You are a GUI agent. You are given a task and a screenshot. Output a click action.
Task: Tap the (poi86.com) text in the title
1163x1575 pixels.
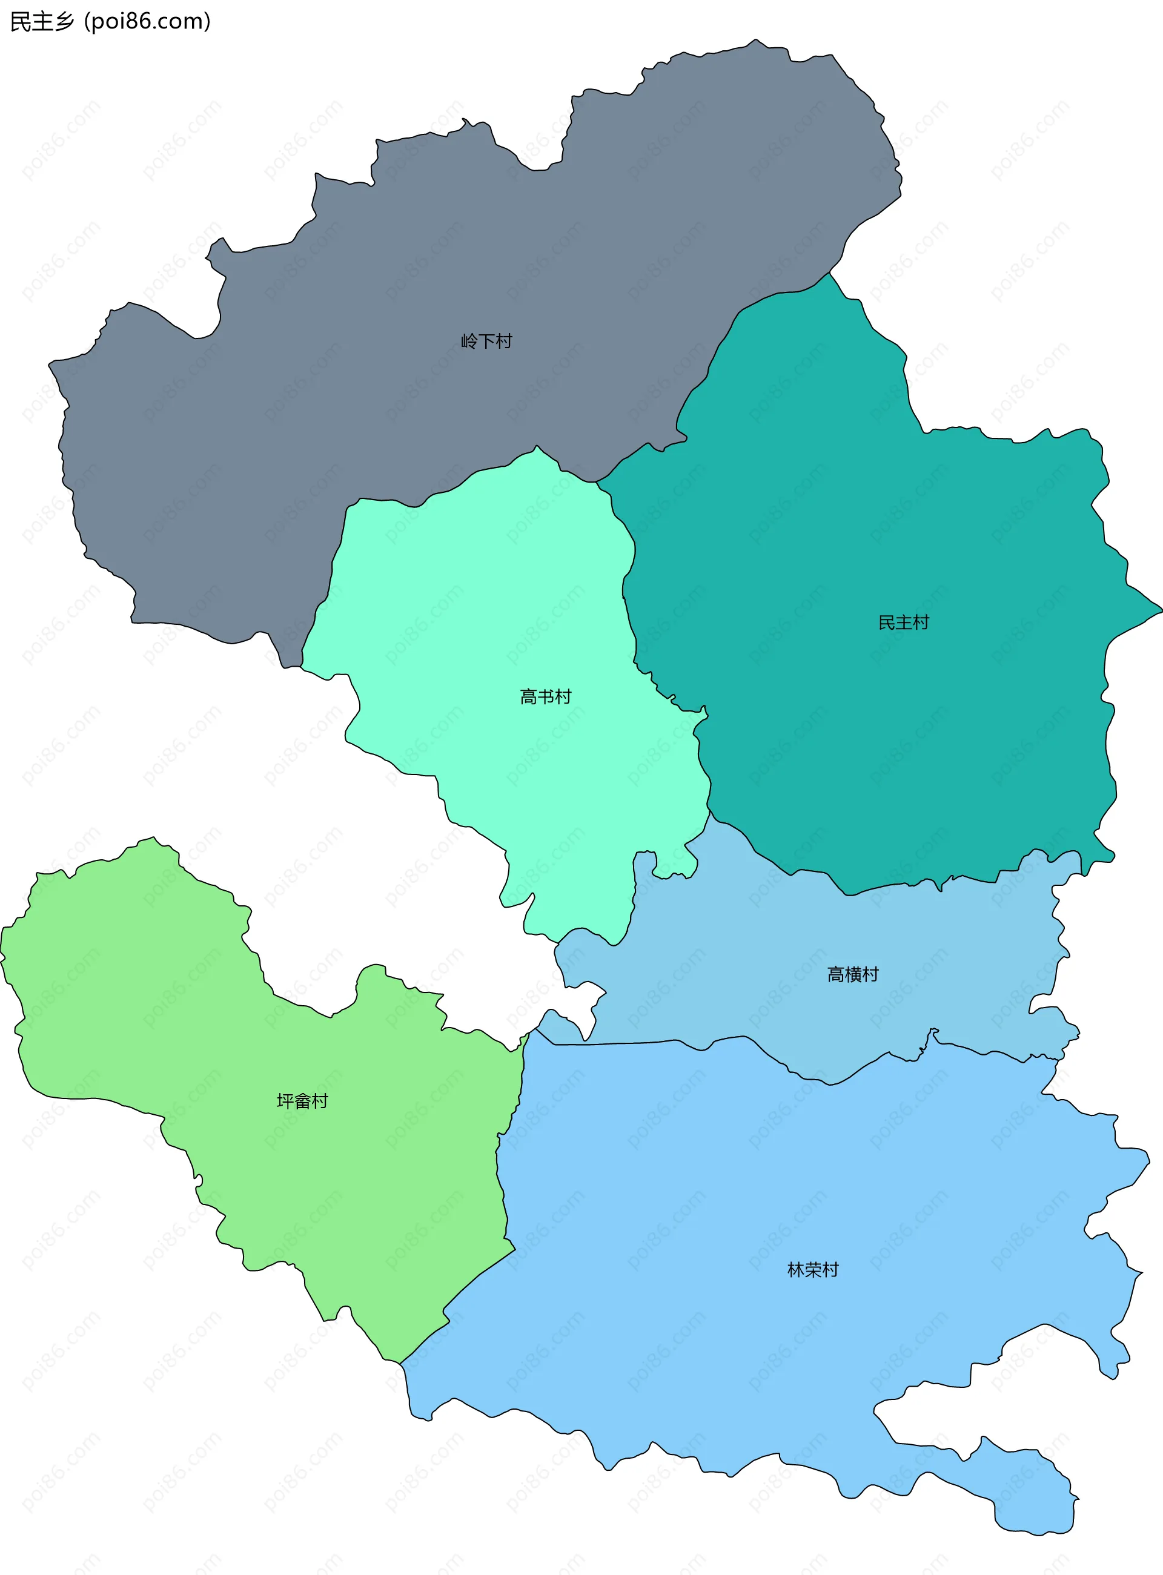point(147,22)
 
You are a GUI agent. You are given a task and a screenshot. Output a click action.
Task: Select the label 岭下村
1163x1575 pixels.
point(486,342)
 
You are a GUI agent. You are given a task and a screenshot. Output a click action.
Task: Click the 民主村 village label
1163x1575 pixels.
point(903,622)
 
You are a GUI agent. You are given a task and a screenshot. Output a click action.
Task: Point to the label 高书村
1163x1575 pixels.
point(546,697)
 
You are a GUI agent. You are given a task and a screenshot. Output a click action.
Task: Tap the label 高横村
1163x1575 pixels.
point(852,974)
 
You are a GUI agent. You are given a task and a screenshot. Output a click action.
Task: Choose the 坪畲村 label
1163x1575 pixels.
point(302,1101)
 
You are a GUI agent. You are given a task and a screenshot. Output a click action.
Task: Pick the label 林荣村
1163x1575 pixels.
point(813,1270)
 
